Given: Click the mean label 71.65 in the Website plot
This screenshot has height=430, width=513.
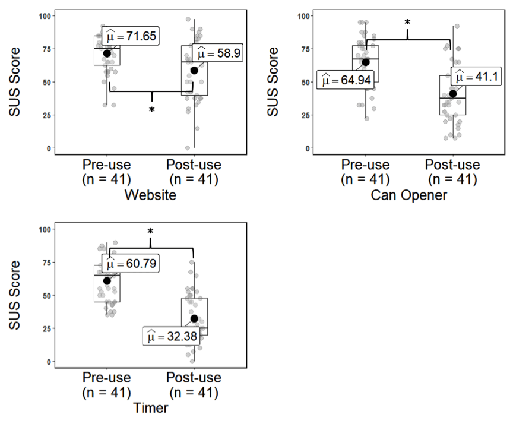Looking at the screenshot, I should point(130,37).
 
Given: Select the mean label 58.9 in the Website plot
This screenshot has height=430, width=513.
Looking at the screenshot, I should point(217,54).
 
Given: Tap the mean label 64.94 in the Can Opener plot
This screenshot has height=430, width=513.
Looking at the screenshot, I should point(346,79).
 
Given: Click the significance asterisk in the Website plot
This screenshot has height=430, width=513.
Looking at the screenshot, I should point(151,110).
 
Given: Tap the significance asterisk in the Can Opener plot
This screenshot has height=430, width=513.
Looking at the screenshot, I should point(407,23).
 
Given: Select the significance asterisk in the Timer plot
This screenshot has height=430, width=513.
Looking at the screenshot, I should point(151,232).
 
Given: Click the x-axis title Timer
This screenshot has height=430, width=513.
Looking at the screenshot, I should point(151,408).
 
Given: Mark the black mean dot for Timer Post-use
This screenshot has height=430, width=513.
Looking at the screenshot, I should point(194,318).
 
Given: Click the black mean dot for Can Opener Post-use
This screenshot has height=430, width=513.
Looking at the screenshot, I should point(452,93).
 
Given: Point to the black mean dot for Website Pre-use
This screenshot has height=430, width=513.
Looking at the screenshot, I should point(107,53).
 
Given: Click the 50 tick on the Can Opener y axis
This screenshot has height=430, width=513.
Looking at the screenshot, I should point(302,82).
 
